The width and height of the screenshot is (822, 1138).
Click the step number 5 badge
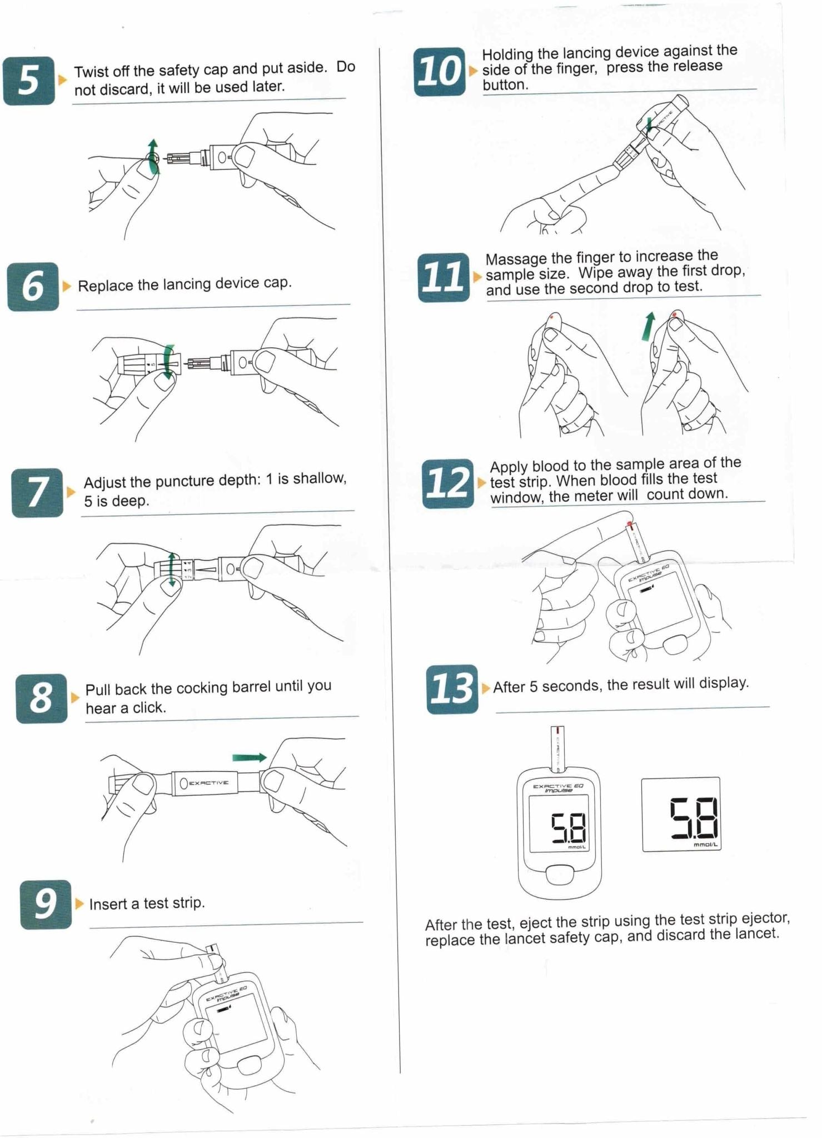(29, 81)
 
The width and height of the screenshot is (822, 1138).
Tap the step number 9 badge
(46, 904)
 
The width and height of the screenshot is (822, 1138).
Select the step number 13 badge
(452, 689)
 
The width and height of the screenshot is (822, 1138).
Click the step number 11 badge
(444, 277)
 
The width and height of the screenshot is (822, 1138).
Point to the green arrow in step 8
(250, 757)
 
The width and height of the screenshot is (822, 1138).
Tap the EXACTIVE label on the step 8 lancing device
(208, 783)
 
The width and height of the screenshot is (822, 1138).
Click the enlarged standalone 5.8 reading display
(681, 814)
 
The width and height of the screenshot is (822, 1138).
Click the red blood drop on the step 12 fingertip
(629, 523)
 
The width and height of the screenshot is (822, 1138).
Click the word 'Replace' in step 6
(106, 286)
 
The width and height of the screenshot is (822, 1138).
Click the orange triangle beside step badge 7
(71, 492)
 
